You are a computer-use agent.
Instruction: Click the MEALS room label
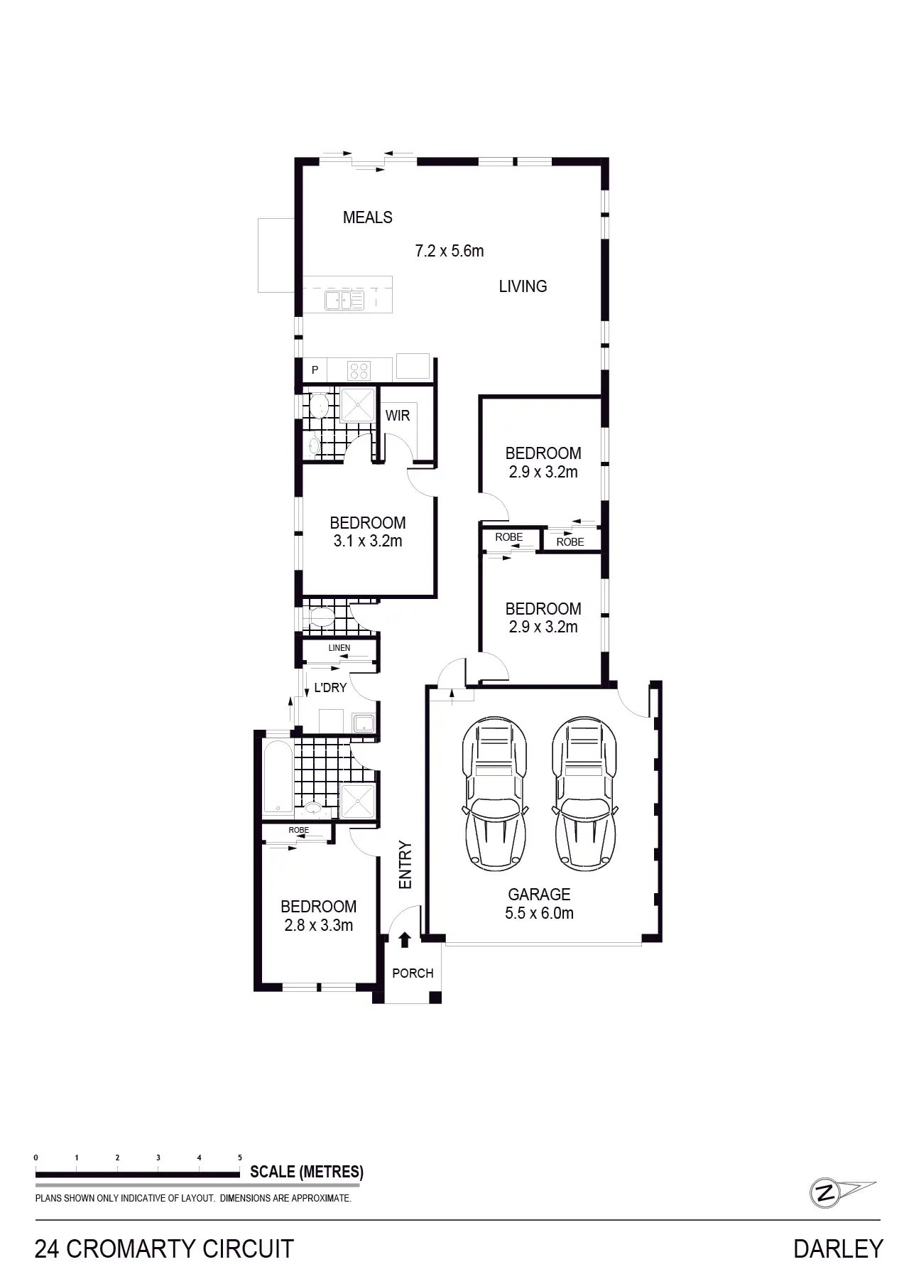367,217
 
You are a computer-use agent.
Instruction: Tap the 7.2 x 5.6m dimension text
449,251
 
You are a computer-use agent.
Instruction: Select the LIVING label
523,286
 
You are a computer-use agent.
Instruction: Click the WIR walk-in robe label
398,416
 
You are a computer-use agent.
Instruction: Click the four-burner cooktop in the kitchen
359,370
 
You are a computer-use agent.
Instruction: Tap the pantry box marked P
315,370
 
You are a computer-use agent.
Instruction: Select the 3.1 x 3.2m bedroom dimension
367,541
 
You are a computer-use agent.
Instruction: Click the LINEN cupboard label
339,648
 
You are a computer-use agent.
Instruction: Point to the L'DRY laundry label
330,688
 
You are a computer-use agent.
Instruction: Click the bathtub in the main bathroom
277,777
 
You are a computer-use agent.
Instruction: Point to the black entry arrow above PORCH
405,940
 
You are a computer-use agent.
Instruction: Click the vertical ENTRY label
405,865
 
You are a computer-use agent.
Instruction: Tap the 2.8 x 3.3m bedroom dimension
318,925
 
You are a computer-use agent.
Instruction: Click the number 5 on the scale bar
240,1158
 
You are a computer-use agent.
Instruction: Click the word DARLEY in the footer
838,1248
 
